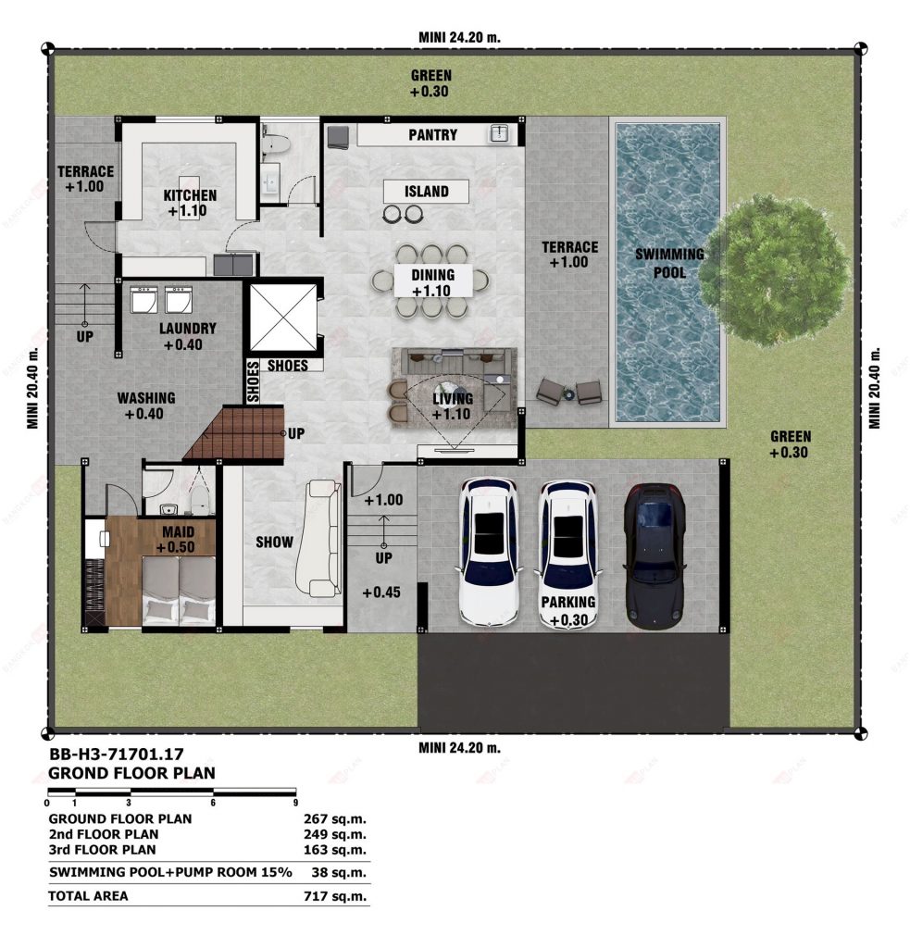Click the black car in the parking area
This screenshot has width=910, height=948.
654,556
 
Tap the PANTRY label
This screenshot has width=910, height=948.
433,135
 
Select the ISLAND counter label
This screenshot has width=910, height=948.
426,192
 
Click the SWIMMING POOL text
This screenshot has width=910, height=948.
669,263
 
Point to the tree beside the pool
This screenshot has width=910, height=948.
775,270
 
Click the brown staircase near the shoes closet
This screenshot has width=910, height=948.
236,433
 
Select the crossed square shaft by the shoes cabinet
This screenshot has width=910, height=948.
283,318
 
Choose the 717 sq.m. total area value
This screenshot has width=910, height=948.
335,896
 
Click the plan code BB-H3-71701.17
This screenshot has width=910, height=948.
116,754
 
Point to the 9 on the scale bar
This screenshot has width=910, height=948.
295,803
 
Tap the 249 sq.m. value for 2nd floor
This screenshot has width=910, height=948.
335,834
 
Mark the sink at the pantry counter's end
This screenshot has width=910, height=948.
499,133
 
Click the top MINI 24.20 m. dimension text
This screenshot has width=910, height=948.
459,37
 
